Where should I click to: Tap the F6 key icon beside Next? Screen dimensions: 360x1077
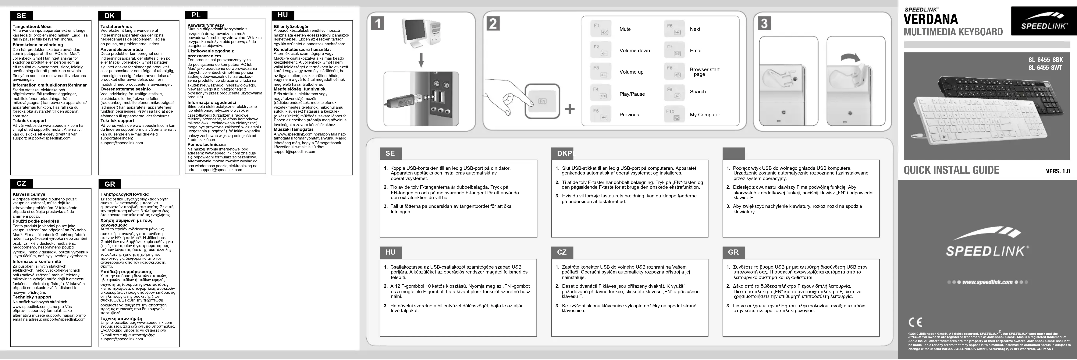click(x=674, y=29)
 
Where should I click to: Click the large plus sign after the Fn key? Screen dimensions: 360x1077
click(x=569, y=110)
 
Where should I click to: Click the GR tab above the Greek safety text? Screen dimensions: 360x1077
click(x=110, y=184)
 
